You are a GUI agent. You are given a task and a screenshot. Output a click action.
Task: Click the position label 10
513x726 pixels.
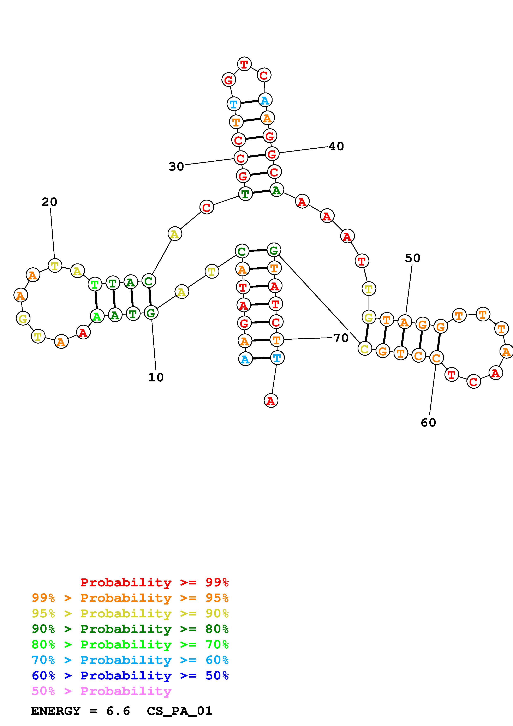tap(156, 377)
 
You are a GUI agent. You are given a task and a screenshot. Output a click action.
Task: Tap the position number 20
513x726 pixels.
tap(49, 202)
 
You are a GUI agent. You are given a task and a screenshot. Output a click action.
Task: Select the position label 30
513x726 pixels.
tap(176, 166)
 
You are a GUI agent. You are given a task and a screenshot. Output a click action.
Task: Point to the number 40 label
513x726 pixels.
tap(336, 146)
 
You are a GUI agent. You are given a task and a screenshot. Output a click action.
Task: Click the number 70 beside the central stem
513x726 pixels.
tap(341, 338)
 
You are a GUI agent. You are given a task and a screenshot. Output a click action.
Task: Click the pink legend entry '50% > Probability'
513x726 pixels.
tap(101, 691)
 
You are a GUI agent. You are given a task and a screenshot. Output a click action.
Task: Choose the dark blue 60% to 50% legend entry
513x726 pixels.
tap(130, 676)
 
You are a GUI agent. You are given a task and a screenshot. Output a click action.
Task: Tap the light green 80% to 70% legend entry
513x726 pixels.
tap(130, 644)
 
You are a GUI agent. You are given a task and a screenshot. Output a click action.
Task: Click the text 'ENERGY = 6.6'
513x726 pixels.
tap(80, 711)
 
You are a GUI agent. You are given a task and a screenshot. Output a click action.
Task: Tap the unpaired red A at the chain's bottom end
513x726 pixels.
tap(270, 401)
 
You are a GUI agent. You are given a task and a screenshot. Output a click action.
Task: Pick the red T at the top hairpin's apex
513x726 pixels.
tap(244, 64)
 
